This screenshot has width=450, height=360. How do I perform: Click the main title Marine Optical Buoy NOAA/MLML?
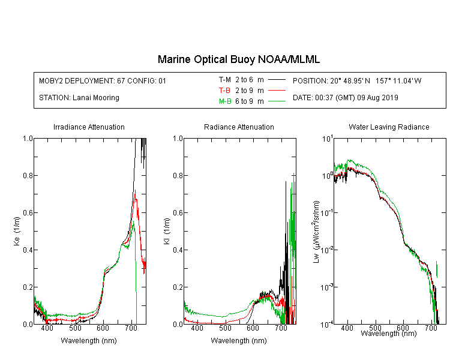(238, 59)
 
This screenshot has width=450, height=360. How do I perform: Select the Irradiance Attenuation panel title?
(89, 127)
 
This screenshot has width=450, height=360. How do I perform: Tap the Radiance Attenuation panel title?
(239, 127)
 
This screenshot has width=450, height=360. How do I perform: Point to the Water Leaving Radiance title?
(389, 127)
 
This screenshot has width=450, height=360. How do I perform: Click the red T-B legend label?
(224, 91)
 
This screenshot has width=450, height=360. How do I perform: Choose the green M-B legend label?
(225, 101)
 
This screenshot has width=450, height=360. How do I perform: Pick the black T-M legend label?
(225, 80)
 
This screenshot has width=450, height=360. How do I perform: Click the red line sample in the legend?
(277, 91)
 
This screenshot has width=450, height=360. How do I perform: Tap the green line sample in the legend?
(277, 101)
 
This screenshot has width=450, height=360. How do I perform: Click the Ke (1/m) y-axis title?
(17, 231)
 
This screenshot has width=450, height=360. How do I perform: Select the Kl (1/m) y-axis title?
(167, 232)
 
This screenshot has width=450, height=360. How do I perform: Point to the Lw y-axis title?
(316, 232)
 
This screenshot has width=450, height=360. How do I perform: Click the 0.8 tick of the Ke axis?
(28, 176)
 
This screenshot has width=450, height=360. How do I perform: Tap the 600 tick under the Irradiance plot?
(103, 328)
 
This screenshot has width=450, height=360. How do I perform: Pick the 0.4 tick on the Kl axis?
(178, 250)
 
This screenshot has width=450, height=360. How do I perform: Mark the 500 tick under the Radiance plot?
(225, 328)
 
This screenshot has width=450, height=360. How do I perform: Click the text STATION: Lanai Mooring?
(79, 98)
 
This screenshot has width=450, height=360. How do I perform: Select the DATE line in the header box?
(345, 98)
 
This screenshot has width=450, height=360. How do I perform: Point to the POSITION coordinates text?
(357, 81)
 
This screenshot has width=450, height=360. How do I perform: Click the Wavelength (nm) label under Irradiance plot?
(89, 341)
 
